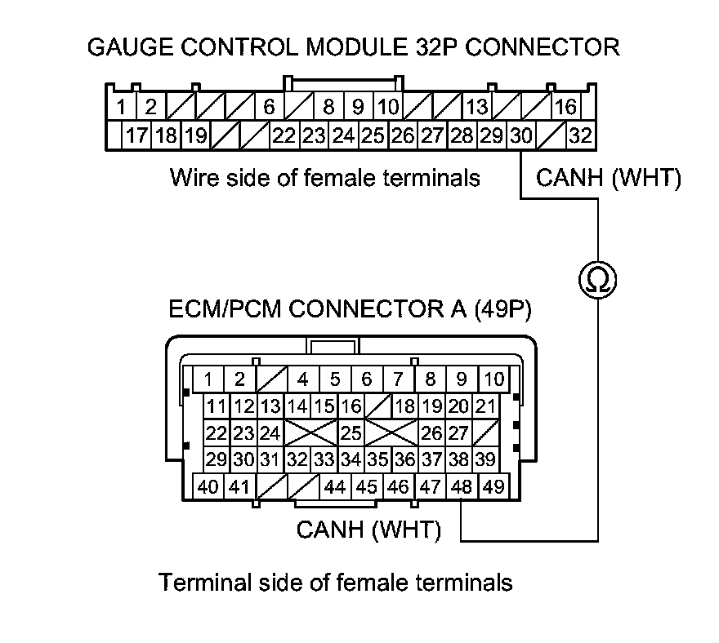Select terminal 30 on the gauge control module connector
tap(520, 135)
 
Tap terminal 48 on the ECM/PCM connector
tap(462, 487)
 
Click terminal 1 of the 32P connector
tap(120, 106)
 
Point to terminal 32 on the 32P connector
tap(580, 135)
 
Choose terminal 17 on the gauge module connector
tap(136, 135)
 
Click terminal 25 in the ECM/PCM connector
tap(351, 432)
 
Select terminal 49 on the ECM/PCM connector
tap(493, 487)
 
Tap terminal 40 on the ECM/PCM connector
tap(208, 487)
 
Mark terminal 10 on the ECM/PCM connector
tap(493, 379)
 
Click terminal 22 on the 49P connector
tap(216, 432)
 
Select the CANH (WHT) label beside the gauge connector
tap(608, 179)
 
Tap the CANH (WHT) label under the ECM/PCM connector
tap(368, 530)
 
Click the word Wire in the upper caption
tap(193, 177)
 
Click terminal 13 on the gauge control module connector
tap(477, 106)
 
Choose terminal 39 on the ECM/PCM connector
tap(485, 459)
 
